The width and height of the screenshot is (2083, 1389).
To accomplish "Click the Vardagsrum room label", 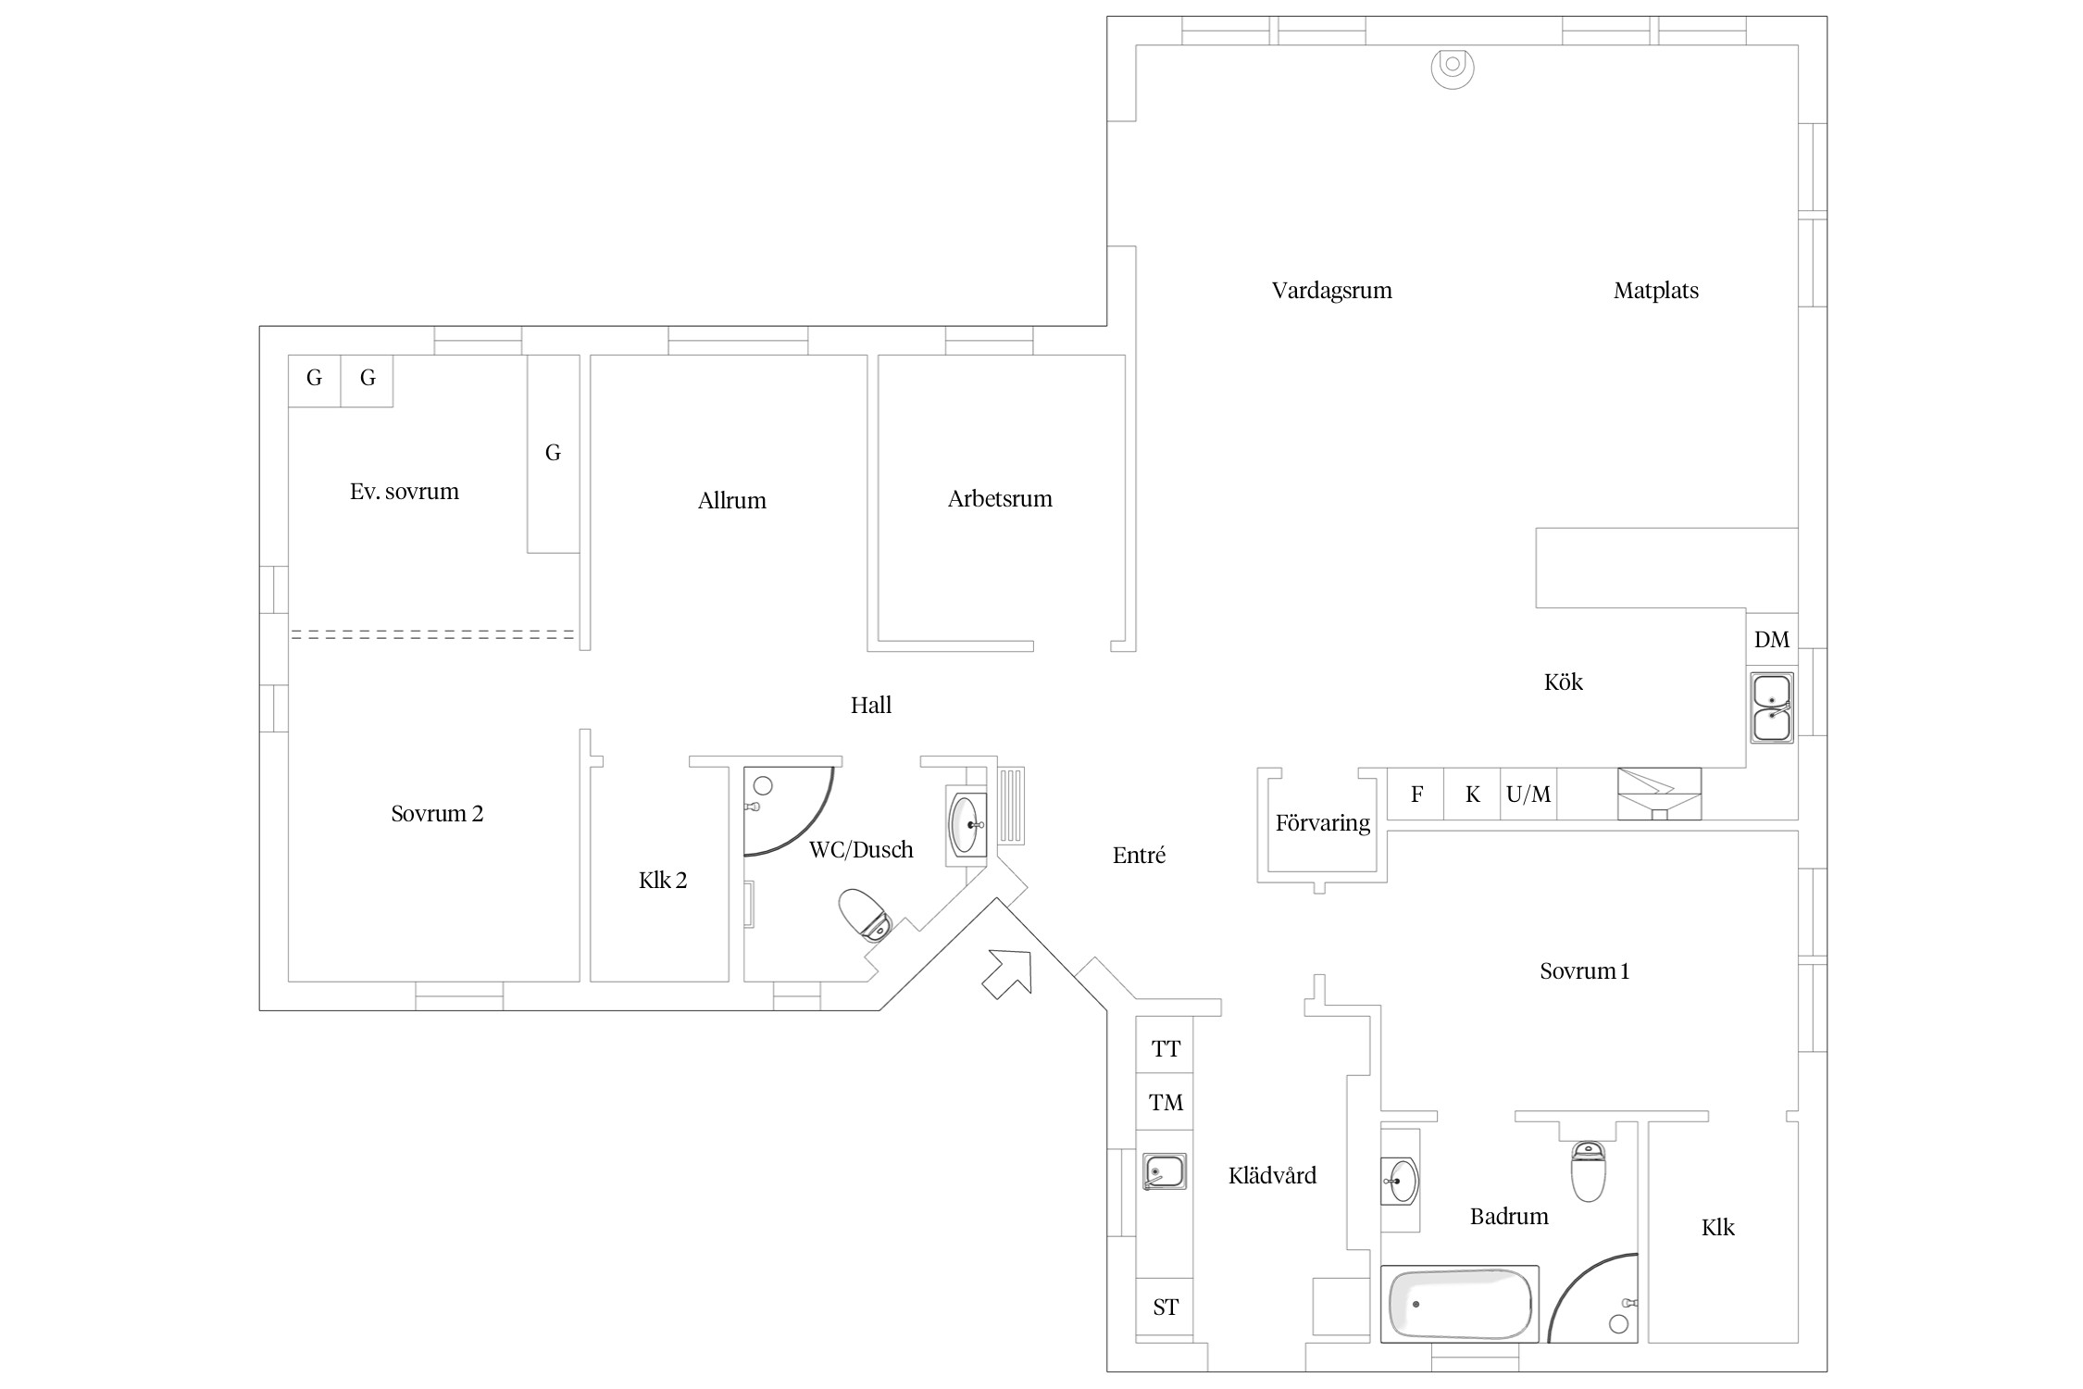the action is point(1331,291).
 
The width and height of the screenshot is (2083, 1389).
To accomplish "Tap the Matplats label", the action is point(1656,291).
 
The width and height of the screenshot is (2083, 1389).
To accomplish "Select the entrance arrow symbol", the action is point(1007,973).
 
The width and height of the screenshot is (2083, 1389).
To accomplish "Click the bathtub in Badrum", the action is point(1460,1304).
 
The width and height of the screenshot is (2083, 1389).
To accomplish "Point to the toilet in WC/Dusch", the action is point(865,915).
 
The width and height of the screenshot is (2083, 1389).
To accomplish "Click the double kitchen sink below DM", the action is point(1771,707).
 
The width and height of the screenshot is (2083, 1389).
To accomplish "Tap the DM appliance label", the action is point(1772,640).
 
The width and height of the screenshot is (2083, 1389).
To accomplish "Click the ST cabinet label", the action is point(1166,1308).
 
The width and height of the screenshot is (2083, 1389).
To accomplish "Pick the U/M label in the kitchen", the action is point(1528,795).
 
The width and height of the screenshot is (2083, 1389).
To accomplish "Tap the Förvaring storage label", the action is point(1322,823).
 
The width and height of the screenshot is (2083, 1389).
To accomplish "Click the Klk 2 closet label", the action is point(663,881).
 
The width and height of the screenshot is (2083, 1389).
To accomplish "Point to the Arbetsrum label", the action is point(1000,499).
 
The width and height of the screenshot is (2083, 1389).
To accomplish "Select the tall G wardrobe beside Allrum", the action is point(554,454).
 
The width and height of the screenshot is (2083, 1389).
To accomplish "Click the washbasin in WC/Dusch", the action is point(967,823).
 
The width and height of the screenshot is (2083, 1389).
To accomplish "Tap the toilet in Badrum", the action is point(1588,1171).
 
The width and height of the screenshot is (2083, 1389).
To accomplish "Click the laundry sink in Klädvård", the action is point(1165,1171).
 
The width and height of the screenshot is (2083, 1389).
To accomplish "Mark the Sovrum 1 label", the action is point(1584,971).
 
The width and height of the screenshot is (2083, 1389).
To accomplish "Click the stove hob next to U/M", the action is point(1659,794).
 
